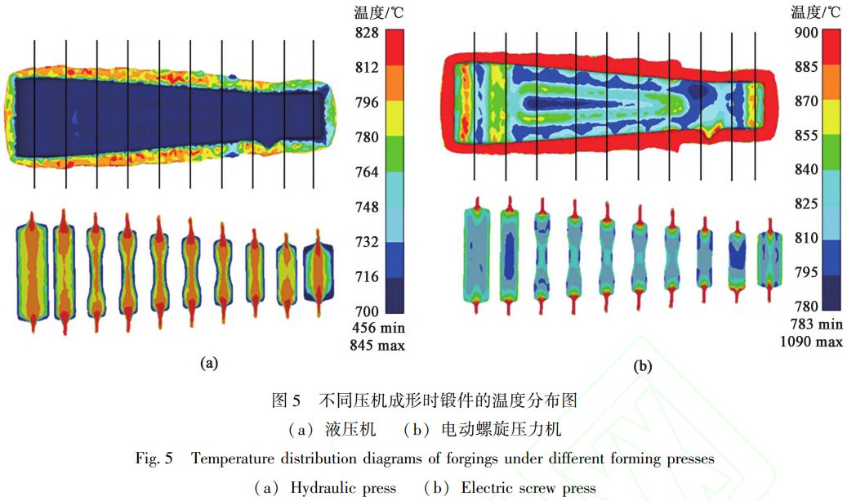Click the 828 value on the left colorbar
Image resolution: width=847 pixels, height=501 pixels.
[x=365, y=33]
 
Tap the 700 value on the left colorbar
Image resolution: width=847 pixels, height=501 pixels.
[x=365, y=311]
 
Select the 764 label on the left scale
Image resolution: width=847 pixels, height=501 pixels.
[x=365, y=172]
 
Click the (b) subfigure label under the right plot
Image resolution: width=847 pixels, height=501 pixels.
[x=644, y=366]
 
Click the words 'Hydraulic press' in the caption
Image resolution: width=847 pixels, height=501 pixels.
[x=343, y=488]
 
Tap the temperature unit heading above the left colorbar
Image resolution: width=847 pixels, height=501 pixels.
[x=379, y=11]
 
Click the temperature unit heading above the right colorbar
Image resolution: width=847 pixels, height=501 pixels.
[x=816, y=11]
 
